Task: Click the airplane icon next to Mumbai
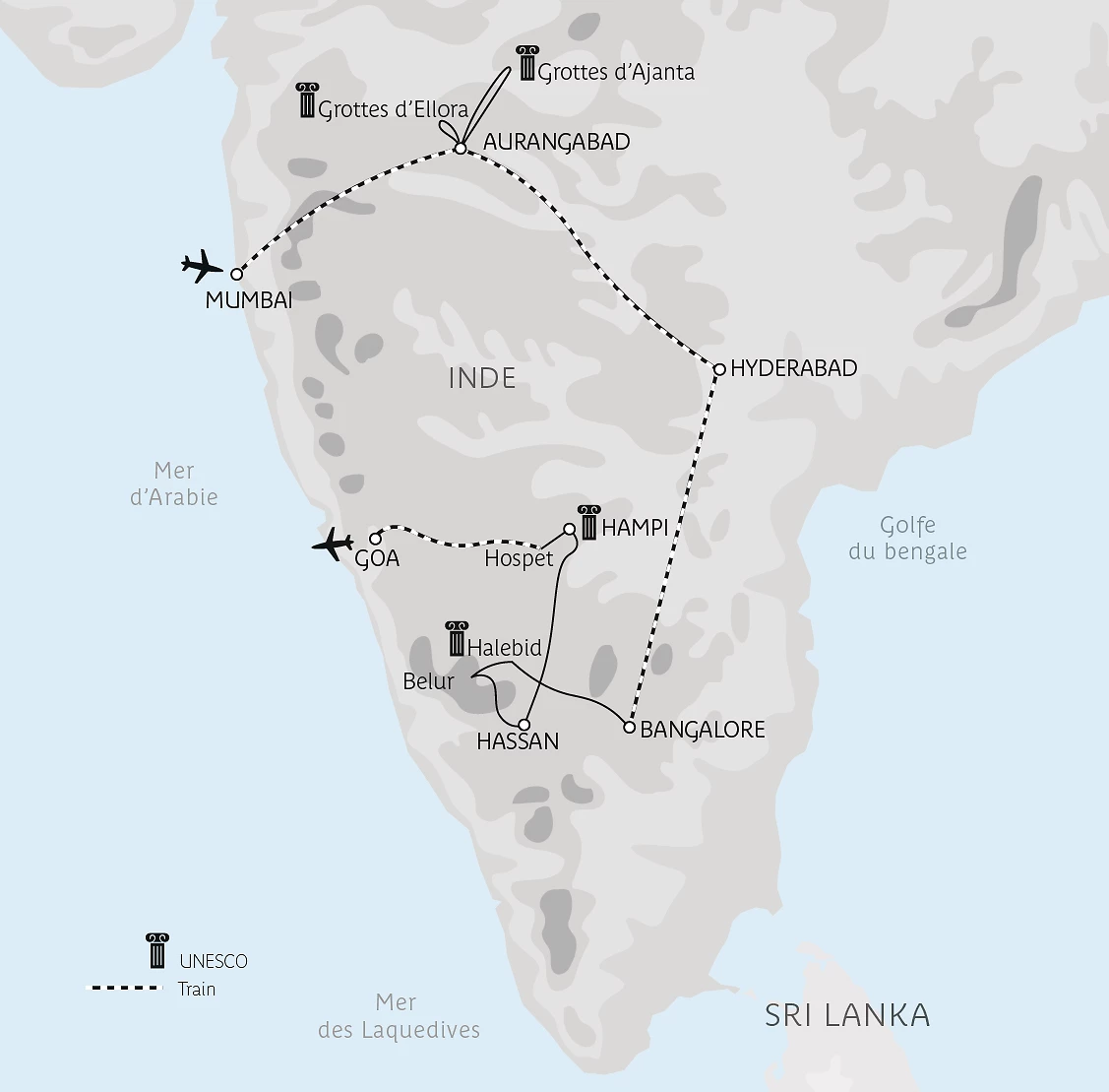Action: pos(202,266)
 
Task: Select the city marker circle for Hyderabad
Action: pos(719,369)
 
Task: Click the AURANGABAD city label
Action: pos(556,142)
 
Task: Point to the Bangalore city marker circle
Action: pos(630,728)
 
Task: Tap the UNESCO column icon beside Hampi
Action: pos(588,522)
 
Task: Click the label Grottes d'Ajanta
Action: pos(616,72)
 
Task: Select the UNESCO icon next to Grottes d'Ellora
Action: pos(306,100)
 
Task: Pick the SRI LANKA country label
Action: pos(847,1015)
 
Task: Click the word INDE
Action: pos(482,378)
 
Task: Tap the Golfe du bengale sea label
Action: pos(907,539)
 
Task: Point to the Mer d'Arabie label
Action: pos(174,483)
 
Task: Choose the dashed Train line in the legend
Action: pos(126,988)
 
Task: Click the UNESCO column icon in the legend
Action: pos(156,951)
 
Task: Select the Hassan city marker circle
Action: pos(524,724)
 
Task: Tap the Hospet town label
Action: pos(519,558)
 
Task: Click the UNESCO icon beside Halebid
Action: pos(456,638)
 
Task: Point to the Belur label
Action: pos(429,680)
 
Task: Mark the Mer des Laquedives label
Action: pos(399,1016)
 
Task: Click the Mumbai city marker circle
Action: pos(236,275)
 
